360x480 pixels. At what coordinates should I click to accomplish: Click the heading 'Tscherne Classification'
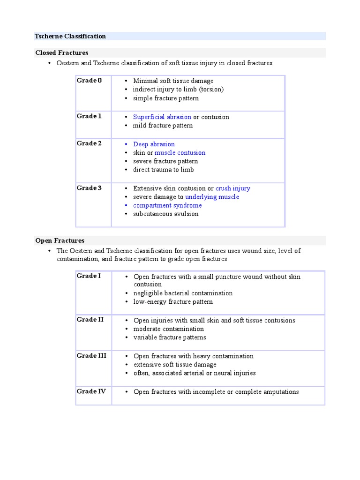(x=70, y=36)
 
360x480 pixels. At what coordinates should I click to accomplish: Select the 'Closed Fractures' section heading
(x=61, y=53)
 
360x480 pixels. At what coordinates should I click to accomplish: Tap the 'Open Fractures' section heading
(x=60, y=240)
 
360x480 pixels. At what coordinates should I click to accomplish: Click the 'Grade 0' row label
(x=89, y=81)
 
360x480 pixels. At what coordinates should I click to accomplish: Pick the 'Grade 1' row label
(x=89, y=116)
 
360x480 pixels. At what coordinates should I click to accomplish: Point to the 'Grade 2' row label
(x=89, y=143)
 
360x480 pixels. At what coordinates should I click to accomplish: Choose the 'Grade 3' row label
(x=89, y=188)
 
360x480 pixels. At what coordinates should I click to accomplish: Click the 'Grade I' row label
(x=89, y=276)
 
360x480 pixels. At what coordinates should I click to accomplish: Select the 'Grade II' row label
(x=90, y=320)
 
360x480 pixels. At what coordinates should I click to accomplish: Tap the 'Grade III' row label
(x=91, y=356)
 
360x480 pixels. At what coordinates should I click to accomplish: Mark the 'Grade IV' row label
(x=91, y=391)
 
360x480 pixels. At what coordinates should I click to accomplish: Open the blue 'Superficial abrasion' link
(x=162, y=117)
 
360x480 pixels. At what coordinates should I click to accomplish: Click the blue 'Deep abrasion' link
(x=154, y=144)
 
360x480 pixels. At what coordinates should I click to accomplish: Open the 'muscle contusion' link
(x=180, y=153)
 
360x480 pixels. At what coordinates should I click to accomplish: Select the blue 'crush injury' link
(x=232, y=188)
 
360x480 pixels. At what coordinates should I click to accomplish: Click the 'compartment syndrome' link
(x=167, y=205)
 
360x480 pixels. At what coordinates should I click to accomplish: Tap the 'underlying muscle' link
(x=212, y=197)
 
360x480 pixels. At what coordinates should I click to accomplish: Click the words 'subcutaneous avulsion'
(x=165, y=214)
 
